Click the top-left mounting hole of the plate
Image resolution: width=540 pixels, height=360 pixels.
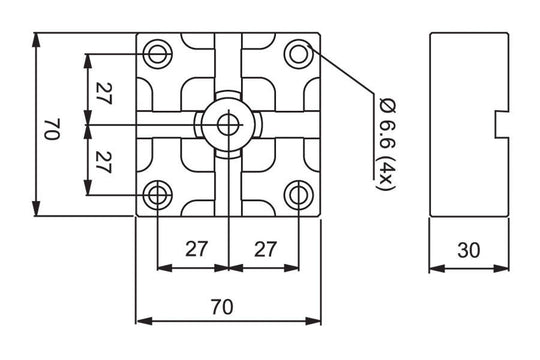158,53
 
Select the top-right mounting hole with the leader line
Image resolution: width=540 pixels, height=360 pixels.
299,53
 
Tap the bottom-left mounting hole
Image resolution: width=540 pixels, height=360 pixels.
158,194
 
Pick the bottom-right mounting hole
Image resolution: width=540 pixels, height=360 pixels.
299,194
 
